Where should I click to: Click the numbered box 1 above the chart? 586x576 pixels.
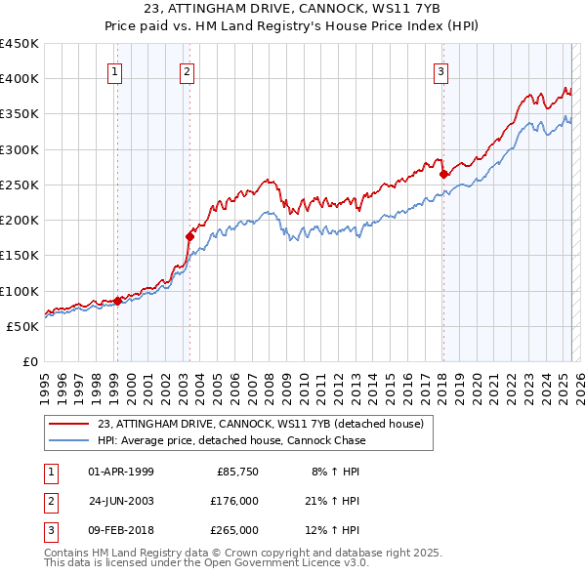click(x=115, y=70)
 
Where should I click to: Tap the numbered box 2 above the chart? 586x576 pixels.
click(x=187, y=70)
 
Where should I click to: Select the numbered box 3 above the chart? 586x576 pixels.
click(x=440, y=70)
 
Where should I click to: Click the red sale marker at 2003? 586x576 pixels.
click(x=190, y=235)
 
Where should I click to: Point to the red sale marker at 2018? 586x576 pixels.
click(x=443, y=174)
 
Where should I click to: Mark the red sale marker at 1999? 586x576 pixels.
click(x=117, y=301)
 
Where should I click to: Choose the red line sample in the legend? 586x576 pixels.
click(x=68, y=424)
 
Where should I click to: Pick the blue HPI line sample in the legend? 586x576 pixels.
click(x=68, y=440)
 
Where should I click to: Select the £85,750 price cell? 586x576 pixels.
click(x=236, y=472)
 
